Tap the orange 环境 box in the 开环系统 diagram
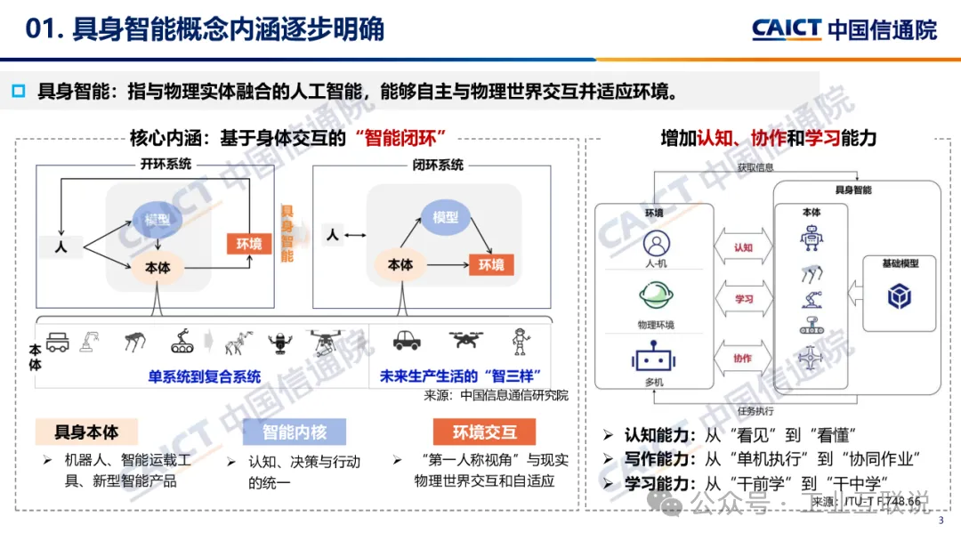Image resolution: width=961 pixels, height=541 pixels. (x=248, y=244)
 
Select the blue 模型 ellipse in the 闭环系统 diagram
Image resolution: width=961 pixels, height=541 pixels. (x=445, y=218)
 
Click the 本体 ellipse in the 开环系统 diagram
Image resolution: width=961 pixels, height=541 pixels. (x=157, y=268)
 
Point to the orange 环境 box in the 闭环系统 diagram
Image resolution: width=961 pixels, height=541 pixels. (x=491, y=265)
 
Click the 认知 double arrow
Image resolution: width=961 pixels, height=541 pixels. (x=743, y=247)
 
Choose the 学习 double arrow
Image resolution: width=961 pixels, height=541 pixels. (x=743, y=300)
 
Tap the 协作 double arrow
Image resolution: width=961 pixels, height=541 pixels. (x=743, y=359)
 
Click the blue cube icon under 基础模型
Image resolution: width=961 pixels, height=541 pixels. (x=900, y=297)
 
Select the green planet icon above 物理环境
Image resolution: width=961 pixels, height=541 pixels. (x=656, y=295)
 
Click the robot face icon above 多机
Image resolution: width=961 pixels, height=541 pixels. (x=656, y=358)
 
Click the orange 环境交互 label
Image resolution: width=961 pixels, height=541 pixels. (x=484, y=432)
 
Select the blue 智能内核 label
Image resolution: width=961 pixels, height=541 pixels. (x=295, y=432)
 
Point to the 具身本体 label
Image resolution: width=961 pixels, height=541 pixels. (x=86, y=432)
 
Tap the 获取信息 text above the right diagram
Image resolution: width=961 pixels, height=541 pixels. (x=754, y=167)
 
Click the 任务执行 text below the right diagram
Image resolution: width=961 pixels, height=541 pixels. (x=755, y=411)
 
